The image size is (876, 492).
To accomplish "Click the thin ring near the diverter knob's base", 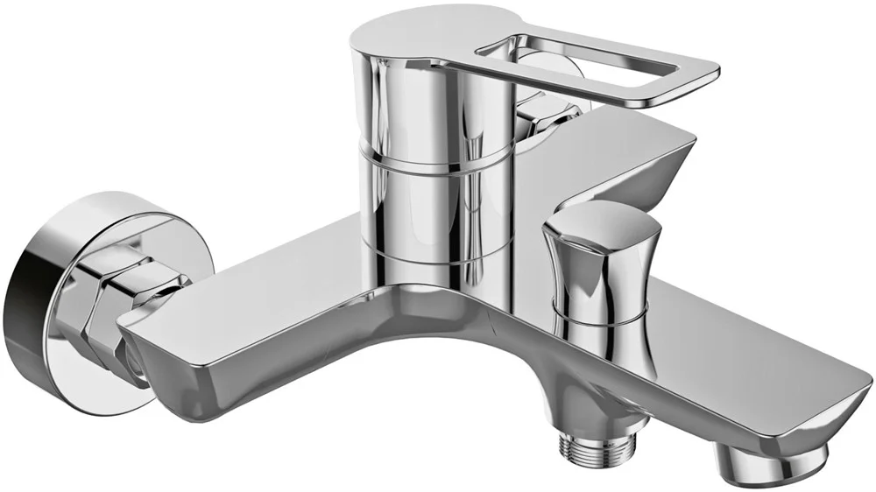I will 600,320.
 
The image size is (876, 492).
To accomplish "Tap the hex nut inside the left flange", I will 96,298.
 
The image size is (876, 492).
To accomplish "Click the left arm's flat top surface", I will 263,280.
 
